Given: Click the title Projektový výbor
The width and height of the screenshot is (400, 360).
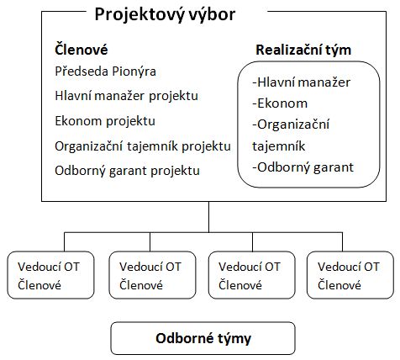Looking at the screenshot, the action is click(x=165, y=14).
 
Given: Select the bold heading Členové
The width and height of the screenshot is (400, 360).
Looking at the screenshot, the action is click(x=82, y=50).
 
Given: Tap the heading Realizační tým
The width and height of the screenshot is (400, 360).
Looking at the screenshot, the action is click(x=303, y=50).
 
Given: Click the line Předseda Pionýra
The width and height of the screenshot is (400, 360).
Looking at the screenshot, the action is click(x=105, y=71).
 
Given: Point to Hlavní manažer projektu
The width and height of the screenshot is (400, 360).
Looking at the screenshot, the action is click(x=126, y=96).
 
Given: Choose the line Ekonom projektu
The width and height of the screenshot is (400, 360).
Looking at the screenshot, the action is click(x=105, y=121).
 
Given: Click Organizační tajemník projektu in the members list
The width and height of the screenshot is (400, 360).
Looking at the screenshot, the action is click(x=143, y=146).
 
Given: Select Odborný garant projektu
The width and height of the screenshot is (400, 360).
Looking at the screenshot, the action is click(x=127, y=171).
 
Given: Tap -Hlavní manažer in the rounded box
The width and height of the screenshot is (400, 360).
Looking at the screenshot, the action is click(x=301, y=82).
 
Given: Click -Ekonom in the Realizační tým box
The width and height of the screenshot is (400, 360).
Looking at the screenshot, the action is click(x=280, y=103).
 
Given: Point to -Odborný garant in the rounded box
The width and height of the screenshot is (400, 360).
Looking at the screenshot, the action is click(x=303, y=167).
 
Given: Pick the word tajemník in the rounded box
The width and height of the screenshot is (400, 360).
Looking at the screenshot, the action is click(x=278, y=146).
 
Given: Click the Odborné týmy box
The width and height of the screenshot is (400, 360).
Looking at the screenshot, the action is click(x=203, y=338).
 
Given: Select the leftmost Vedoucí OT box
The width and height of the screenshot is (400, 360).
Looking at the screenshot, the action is click(x=50, y=275).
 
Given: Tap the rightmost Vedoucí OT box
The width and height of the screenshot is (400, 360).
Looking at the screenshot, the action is click(x=350, y=275).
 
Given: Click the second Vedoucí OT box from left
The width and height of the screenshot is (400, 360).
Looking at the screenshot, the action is click(x=152, y=275).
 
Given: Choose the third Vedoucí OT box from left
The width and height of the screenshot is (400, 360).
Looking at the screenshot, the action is click(x=252, y=275).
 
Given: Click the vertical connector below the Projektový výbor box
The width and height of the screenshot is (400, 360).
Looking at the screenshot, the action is click(x=208, y=217).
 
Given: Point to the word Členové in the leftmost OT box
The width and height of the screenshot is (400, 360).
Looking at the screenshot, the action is click(x=39, y=285).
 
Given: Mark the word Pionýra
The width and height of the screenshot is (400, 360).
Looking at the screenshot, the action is click(x=134, y=71).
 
